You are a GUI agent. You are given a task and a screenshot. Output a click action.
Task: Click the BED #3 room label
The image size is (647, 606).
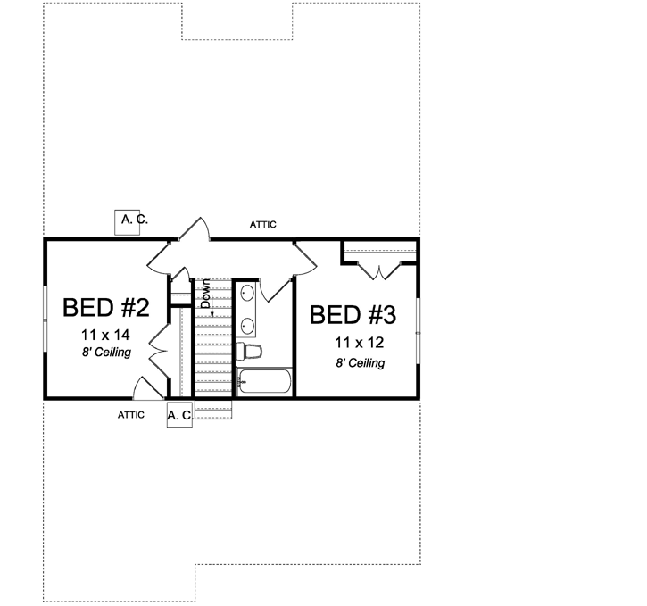[x=353, y=315]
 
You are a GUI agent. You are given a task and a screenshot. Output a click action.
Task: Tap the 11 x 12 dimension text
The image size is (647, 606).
[x=360, y=342]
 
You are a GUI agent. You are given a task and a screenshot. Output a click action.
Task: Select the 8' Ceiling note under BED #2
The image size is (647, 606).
[x=106, y=353]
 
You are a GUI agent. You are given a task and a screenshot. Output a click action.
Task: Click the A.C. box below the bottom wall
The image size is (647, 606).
[x=179, y=415]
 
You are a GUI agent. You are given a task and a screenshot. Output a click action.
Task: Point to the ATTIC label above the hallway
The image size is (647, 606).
[x=262, y=224]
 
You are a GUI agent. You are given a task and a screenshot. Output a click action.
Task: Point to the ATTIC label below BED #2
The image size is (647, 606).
[x=131, y=415]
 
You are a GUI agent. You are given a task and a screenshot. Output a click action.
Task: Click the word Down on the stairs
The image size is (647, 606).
[x=205, y=295]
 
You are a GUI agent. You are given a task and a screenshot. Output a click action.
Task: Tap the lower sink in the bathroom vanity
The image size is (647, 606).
[x=245, y=325]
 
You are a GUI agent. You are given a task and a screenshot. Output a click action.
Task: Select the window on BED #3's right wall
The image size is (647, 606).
[x=418, y=332]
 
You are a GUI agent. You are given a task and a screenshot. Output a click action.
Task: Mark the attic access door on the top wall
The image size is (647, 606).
[x=195, y=230]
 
